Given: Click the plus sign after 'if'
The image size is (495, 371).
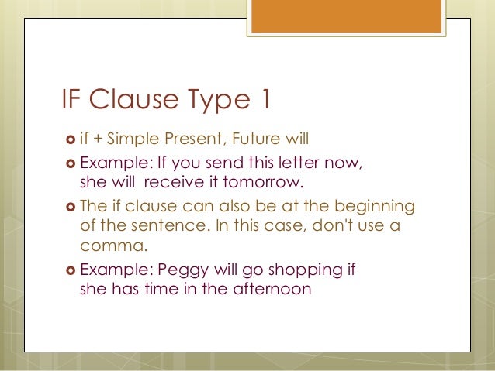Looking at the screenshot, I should click(100, 140).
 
